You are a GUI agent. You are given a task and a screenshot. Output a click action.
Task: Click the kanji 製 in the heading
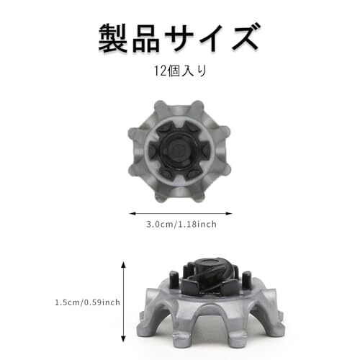pos(113,37)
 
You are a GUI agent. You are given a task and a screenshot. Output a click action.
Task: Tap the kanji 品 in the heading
pos(146,37)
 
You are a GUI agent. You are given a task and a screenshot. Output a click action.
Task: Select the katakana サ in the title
pos(179,37)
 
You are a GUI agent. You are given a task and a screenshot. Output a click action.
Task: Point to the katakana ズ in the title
pos(246,37)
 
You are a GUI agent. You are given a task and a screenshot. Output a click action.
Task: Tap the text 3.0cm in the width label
pos(161,225)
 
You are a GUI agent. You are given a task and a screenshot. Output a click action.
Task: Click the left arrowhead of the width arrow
pos(132,213)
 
